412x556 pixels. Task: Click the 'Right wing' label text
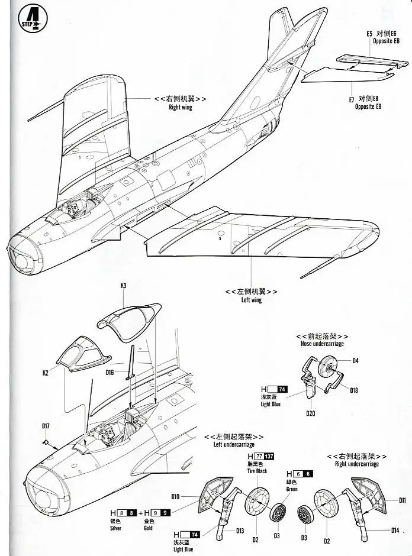(x=180, y=108)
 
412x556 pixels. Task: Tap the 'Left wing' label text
(x=251, y=300)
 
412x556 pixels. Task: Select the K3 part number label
(x=124, y=286)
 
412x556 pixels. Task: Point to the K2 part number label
(x=46, y=373)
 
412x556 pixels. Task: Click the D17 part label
(x=46, y=426)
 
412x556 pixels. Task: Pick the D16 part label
(x=110, y=373)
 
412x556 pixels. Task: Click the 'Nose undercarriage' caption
(x=322, y=344)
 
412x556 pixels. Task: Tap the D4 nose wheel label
(x=355, y=360)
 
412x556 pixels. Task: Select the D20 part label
(x=311, y=413)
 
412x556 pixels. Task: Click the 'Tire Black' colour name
(x=257, y=471)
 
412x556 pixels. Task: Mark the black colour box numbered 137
(x=269, y=456)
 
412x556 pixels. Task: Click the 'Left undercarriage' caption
(x=234, y=444)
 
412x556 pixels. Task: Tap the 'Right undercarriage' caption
(x=357, y=464)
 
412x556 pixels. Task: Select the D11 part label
(x=403, y=500)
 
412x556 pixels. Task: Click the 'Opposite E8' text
(x=368, y=106)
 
